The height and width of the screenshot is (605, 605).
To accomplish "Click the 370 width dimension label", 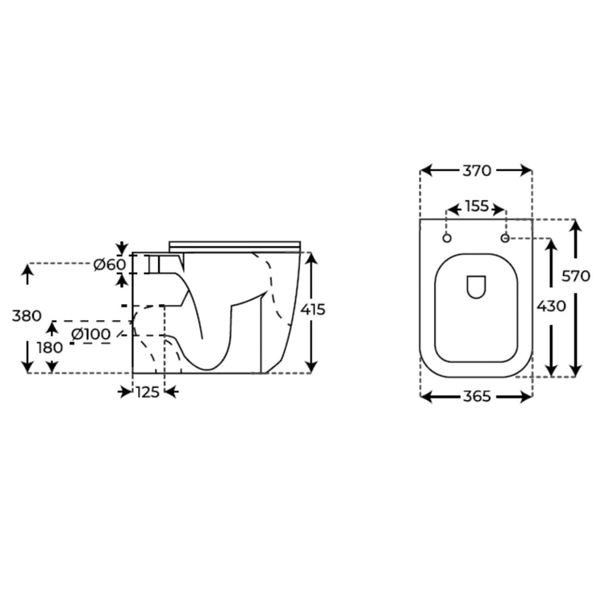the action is [x=477, y=170].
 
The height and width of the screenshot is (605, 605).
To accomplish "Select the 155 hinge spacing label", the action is [x=477, y=207].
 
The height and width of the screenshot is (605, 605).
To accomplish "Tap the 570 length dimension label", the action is [x=576, y=276].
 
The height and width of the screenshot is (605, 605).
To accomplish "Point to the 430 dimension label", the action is [x=552, y=306].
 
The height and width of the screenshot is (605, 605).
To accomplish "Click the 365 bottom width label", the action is [x=477, y=396].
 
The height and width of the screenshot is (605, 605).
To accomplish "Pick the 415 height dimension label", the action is [x=313, y=310].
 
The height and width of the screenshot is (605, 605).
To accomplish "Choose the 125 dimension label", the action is [x=148, y=392].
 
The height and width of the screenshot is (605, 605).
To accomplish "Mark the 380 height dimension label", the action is [x=27, y=316].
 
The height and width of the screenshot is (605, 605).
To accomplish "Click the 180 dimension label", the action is [x=50, y=348].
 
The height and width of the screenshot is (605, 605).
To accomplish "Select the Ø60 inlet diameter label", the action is [x=110, y=265].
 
